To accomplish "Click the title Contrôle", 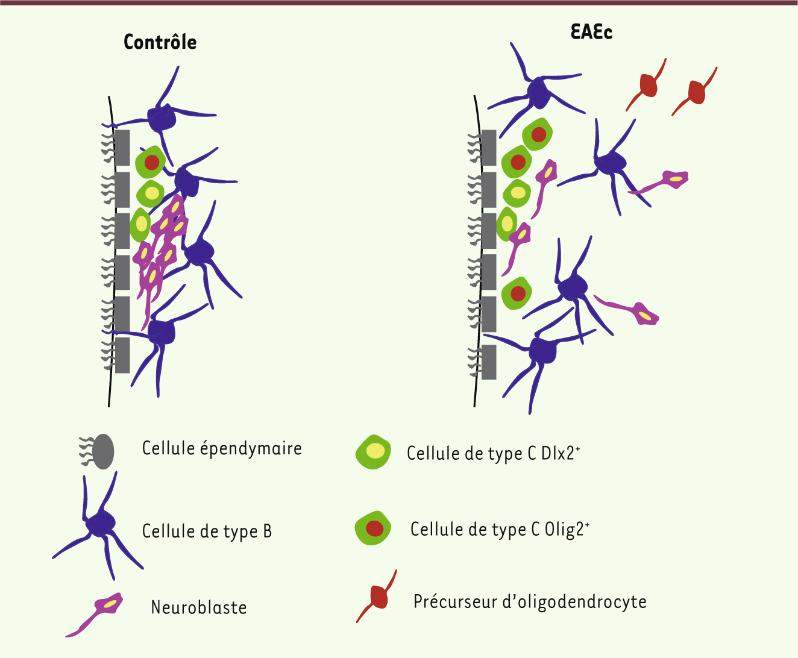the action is click(x=160, y=42).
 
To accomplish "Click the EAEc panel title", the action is click(x=591, y=32).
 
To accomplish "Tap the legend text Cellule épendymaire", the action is click(x=222, y=448).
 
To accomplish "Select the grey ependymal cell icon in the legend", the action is click(x=96, y=451).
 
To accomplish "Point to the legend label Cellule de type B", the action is click(x=207, y=531).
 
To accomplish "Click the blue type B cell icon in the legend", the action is click(x=98, y=526).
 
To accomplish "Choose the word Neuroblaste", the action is click(x=199, y=607).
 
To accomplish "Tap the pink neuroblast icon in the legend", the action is click(x=95, y=615).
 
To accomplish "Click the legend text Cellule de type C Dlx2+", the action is click(x=493, y=454).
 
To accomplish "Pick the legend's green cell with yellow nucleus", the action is click(x=374, y=452).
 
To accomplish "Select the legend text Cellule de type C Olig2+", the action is click(x=500, y=530).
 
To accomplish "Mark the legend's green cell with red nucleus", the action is click(x=373, y=528).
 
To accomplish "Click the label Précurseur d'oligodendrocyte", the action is click(x=530, y=601).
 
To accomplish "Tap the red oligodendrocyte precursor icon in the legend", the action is click(x=377, y=597).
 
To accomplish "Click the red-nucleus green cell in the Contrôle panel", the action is click(x=151, y=162).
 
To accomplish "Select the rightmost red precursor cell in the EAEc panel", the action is click(x=694, y=92).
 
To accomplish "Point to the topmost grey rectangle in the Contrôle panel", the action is click(x=122, y=147).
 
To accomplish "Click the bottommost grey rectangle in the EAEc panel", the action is click(x=489, y=362).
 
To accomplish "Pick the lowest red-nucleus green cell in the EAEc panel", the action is click(x=517, y=293).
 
